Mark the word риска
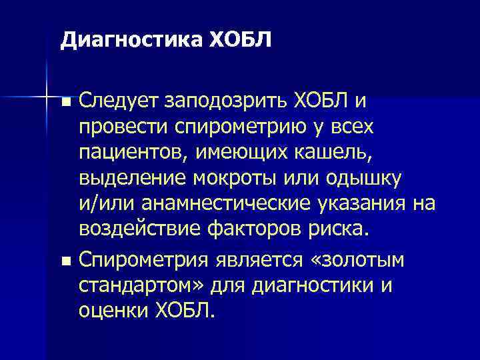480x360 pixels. (x=339, y=229)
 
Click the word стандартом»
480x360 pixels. (x=142, y=286)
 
